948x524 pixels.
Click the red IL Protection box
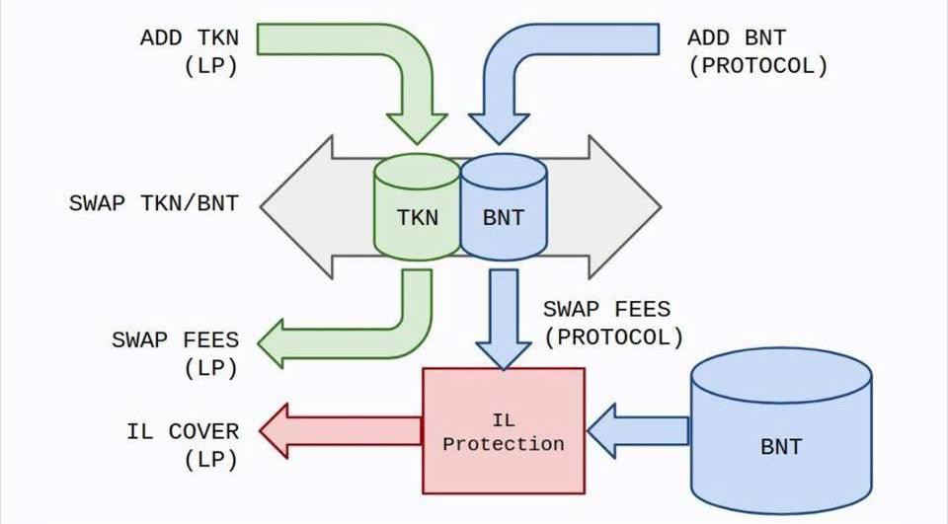[x=504, y=430]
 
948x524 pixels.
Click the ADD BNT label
[x=737, y=38]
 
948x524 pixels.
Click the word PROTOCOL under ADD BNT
[x=758, y=67]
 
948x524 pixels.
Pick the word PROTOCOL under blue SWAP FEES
[x=613, y=337]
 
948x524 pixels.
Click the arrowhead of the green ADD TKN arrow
[x=417, y=128]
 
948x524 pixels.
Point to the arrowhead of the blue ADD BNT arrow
[x=501, y=128]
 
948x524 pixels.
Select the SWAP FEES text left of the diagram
[x=175, y=340]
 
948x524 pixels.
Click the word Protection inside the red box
[x=504, y=444]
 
